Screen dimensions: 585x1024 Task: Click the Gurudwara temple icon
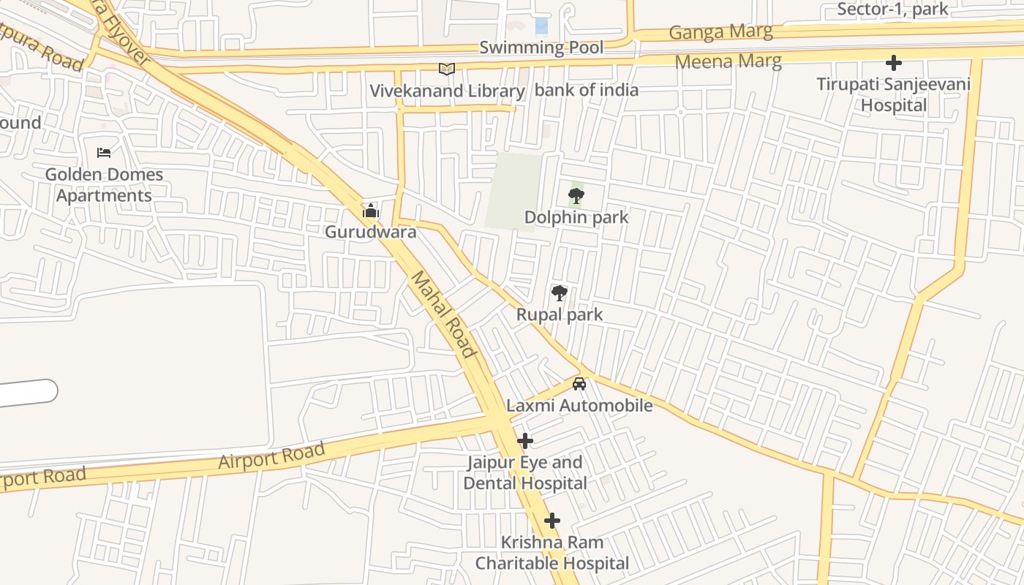coord(371,211)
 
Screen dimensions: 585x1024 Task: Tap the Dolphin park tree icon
coord(576,196)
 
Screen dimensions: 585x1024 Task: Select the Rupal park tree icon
coord(560,293)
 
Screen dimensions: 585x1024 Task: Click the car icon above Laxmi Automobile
coord(579,383)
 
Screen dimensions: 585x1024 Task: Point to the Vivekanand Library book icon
coord(447,69)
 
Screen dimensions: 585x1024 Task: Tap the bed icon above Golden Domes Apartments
coord(104,153)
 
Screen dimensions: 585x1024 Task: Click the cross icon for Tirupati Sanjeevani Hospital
coord(893,63)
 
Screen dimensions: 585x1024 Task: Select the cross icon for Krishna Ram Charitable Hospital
coord(552,521)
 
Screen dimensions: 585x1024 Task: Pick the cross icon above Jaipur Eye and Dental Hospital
coord(525,441)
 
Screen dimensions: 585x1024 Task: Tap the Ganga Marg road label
coord(720,32)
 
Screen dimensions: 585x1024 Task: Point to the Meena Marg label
coord(728,61)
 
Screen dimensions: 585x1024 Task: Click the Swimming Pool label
coord(541,48)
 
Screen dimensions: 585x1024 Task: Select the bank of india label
coord(587,91)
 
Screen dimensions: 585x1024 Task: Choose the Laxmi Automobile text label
coord(579,405)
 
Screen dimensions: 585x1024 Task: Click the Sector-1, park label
coord(892,10)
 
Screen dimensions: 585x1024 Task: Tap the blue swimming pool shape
coord(541,26)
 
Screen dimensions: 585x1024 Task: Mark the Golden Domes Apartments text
coord(104,185)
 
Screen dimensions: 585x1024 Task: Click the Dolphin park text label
coord(576,217)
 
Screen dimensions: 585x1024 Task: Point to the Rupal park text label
coord(560,314)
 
